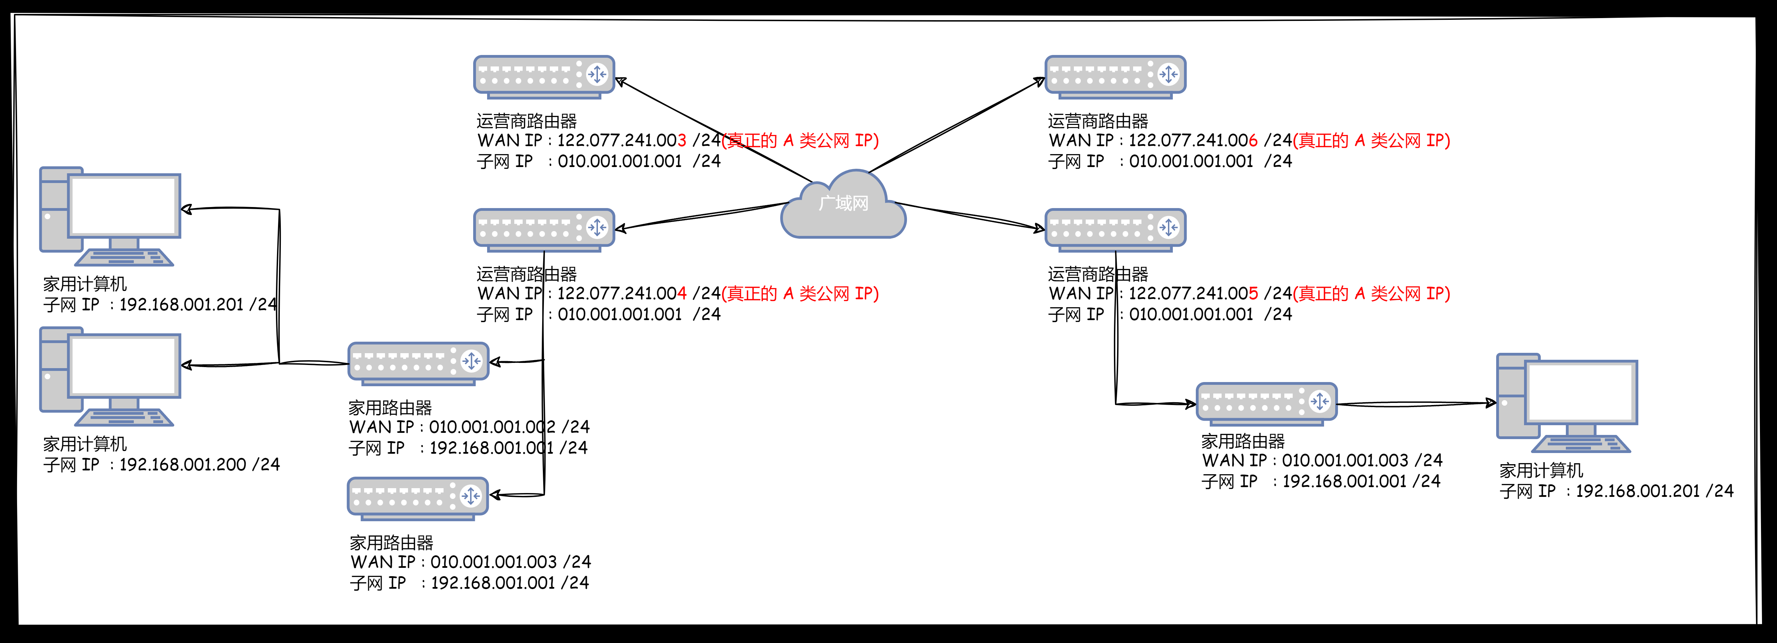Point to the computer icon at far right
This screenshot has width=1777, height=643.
point(1566,403)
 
